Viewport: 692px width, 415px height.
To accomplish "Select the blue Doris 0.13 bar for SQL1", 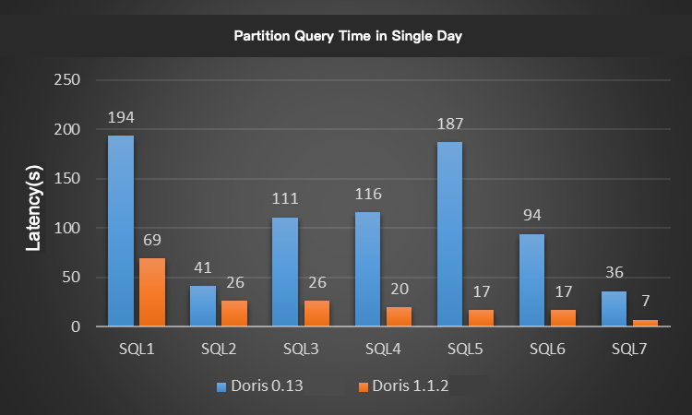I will click(x=121, y=231).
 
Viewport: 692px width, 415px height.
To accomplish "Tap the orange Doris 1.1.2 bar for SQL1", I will click(x=152, y=291).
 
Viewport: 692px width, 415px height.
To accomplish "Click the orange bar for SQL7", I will click(x=645, y=323).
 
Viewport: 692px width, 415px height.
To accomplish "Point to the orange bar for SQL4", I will click(x=399, y=316).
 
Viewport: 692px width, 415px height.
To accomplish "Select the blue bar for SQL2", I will click(x=203, y=305).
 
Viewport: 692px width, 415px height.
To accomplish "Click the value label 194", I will click(x=121, y=118).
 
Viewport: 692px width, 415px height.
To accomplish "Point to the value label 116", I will click(x=367, y=195).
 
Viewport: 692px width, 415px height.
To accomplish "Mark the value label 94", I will click(x=531, y=216).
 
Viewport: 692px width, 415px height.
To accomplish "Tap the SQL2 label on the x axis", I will click(x=219, y=350).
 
